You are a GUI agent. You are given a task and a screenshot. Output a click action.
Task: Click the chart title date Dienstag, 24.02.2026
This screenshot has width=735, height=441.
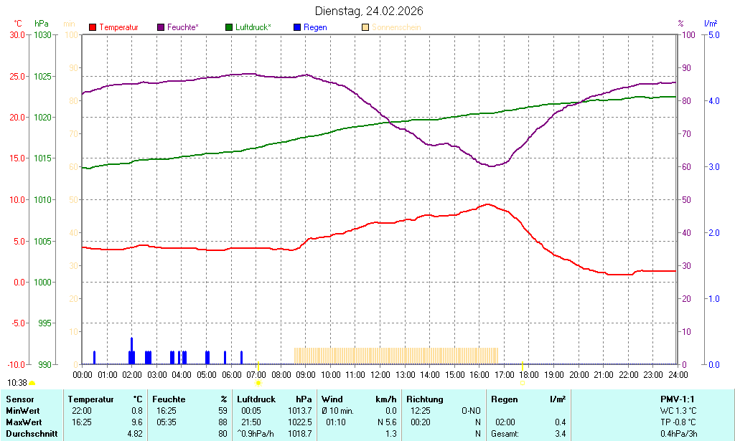tap(369, 11)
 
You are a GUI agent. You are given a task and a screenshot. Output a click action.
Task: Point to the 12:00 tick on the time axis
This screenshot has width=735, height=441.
tap(380, 374)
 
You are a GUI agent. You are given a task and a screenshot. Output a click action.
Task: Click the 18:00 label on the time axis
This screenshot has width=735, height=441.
tap(529, 374)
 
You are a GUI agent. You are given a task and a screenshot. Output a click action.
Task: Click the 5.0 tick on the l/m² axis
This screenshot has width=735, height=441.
tap(714, 34)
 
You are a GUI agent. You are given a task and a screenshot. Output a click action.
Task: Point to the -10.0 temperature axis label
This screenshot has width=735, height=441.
tap(17, 364)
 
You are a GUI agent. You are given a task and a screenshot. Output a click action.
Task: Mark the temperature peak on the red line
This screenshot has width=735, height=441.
tap(488, 204)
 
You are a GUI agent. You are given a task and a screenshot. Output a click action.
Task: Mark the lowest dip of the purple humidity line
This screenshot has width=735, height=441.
tap(492, 166)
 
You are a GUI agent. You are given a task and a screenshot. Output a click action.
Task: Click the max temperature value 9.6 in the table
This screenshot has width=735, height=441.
tap(137, 422)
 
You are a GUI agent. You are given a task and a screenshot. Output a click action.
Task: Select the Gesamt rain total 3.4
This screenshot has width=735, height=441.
tap(560, 434)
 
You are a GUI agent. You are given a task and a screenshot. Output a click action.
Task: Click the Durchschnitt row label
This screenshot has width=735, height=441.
tap(32, 434)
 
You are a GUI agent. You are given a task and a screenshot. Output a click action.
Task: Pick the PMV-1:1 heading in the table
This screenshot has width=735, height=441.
tap(678, 399)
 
